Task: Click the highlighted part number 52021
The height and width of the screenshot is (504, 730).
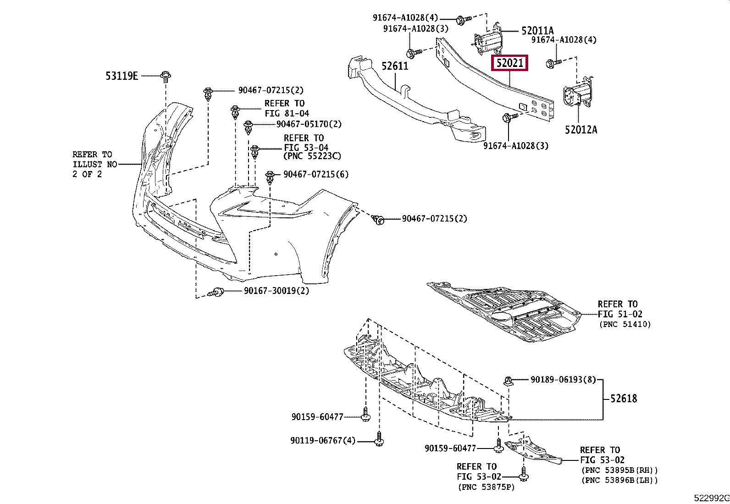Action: tap(509, 62)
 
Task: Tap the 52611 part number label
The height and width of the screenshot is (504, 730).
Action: tap(395, 66)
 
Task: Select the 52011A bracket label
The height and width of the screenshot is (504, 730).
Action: tap(537, 31)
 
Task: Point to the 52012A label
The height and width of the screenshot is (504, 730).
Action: tap(581, 130)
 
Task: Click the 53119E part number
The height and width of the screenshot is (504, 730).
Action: tap(122, 76)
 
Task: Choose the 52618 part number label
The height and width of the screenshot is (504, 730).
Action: tap(624, 399)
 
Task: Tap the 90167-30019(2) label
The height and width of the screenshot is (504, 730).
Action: tap(277, 290)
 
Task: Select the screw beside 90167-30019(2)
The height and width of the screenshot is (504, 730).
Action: tap(216, 292)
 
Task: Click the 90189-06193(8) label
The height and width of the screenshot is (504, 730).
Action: tap(563, 379)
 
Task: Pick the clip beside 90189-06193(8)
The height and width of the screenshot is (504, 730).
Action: tap(508, 381)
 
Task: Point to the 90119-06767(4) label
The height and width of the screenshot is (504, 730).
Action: tap(323, 440)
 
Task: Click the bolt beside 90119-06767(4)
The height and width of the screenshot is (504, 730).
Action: tap(379, 439)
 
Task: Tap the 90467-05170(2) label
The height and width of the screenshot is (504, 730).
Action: tap(309, 124)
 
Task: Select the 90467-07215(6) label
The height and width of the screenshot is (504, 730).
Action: tap(316, 174)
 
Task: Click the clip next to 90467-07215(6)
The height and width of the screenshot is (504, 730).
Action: tap(270, 177)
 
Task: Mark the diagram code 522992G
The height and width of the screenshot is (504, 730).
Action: tap(711, 498)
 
